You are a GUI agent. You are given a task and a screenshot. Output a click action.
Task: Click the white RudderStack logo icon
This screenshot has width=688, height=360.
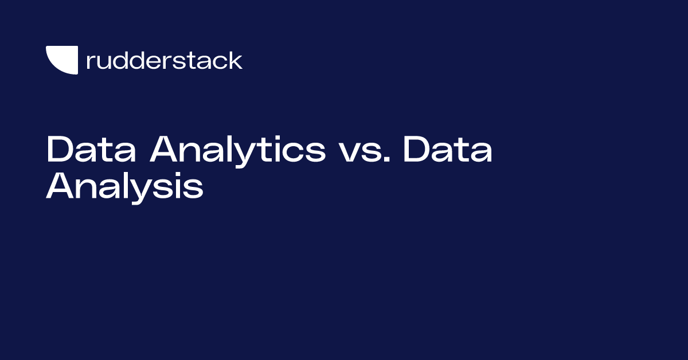tap(61, 60)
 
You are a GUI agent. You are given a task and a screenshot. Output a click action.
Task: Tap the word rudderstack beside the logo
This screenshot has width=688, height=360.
tap(164, 60)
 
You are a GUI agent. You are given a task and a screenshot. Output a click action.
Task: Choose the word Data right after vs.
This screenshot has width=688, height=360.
tap(447, 150)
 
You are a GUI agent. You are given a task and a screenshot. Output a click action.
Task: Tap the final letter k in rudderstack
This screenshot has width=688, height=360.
tap(236, 60)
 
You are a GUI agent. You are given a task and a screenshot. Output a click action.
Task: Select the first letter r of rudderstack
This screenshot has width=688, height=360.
tap(89, 62)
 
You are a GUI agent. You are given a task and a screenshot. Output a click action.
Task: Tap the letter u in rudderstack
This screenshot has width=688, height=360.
tap(102, 62)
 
